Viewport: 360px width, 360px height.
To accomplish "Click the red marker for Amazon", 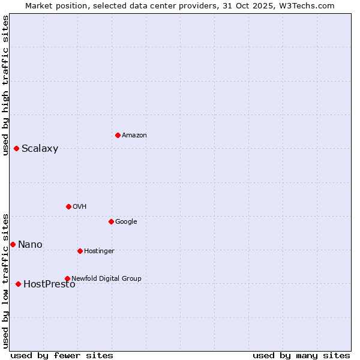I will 118,135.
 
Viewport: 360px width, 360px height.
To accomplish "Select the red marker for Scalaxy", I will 16,148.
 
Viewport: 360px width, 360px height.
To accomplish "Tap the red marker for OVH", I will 68,206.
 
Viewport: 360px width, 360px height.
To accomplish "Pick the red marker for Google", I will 111,221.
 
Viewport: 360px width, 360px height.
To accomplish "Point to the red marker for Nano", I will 13,244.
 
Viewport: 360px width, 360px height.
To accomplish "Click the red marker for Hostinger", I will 80,251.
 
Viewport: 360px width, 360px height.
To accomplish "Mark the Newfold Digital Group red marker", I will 67,278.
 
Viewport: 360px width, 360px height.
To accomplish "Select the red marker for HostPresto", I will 18,284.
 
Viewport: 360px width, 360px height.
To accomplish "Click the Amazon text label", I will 134,135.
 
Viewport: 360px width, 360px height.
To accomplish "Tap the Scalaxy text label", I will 40,149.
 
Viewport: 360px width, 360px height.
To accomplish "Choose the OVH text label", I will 80,206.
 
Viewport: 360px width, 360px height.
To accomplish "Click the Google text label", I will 126,221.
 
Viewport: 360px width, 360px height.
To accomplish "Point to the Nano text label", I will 30,244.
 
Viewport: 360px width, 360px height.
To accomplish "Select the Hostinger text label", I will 99,251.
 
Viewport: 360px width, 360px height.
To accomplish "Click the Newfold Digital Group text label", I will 106,278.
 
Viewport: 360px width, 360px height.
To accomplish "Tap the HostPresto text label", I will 49,284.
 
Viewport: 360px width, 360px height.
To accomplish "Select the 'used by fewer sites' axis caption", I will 62,355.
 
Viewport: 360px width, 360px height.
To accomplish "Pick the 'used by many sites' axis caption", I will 301,355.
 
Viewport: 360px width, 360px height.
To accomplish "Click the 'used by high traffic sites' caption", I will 5,85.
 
